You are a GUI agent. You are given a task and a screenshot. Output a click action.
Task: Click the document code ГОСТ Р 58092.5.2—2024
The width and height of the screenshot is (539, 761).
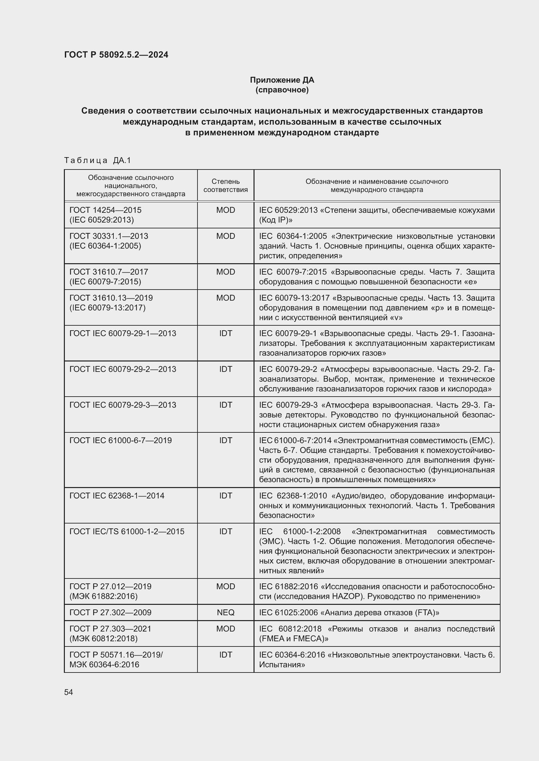coord(116,55)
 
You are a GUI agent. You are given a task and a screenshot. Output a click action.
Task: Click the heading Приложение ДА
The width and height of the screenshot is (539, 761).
coord(282,80)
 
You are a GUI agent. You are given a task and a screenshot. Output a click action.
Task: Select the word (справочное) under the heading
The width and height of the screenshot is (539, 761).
coord(282,90)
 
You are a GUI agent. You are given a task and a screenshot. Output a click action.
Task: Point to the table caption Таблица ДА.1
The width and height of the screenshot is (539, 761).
coord(97,160)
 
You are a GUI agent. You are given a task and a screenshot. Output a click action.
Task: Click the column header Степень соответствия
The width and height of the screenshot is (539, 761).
coord(226,185)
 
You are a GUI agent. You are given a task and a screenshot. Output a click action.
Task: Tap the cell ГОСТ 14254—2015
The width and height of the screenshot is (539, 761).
coord(105,210)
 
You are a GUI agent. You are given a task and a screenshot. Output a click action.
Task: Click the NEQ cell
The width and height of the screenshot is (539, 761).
coord(226,613)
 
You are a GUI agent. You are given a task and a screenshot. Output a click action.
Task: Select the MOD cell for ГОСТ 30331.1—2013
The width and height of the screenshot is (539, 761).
coord(226,236)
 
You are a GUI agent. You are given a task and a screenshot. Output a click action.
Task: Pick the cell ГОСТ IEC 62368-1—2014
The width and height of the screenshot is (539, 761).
coord(117,496)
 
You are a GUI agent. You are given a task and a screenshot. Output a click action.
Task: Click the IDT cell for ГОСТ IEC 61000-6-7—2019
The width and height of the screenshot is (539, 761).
coord(226,440)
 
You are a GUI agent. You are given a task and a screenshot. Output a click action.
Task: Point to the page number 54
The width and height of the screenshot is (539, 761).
coord(68,692)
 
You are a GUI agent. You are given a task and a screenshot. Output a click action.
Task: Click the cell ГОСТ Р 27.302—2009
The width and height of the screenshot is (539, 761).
coord(110,613)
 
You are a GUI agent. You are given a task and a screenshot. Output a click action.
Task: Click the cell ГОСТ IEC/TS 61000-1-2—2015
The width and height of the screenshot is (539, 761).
coord(127,531)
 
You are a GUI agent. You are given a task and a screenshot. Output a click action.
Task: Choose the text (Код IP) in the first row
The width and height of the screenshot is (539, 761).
coord(275,220)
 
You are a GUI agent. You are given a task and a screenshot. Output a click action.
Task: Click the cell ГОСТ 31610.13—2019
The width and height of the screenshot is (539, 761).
coord(111,298)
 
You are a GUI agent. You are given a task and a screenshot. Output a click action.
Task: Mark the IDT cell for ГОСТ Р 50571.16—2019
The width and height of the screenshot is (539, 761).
coord(226,655)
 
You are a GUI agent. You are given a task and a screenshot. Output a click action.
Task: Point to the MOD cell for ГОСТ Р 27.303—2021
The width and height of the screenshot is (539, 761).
coord(226,629)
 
